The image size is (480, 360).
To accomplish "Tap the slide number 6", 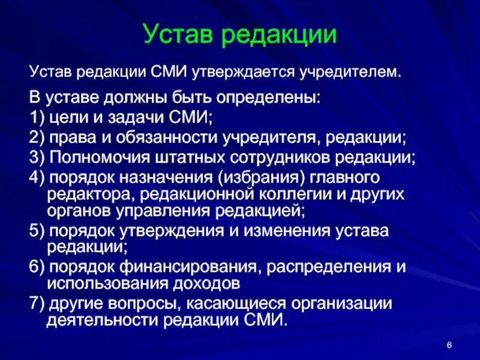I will (449, 343).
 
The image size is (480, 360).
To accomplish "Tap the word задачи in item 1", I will (133, 117).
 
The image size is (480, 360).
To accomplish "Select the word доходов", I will (207, 282).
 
